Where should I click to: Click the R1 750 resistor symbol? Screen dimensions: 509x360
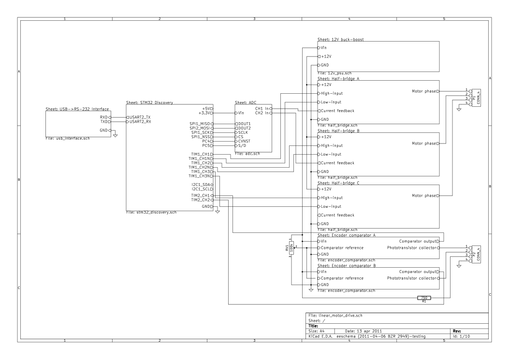[424, 298]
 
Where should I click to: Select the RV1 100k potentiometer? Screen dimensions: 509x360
[291, 248]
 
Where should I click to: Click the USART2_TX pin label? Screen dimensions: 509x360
[140, 117]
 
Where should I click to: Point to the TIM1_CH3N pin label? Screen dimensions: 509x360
[199, 176]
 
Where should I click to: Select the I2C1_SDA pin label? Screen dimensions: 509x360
[201, 185]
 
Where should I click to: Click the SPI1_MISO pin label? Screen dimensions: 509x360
[200, 124]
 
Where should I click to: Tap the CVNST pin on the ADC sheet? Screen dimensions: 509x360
[244, 141]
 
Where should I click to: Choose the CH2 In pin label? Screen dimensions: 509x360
[262, 113]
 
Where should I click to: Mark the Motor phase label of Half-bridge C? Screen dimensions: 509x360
[424, 195]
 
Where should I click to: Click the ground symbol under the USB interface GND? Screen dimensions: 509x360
[115, 135]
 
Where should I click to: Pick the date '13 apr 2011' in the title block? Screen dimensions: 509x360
[369, 331]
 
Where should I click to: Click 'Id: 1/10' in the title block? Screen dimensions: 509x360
[461, 336]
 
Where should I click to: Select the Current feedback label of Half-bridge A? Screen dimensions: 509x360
[337, 111]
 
